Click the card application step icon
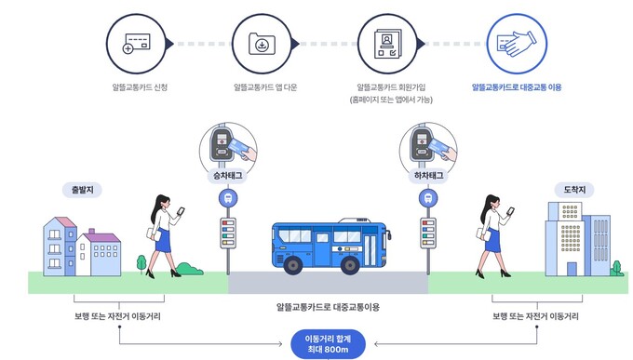[x=133, y=43]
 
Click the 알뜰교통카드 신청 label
[x=133, y=87]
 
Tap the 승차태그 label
[x=226, y=175]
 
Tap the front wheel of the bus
[x=293, y=266]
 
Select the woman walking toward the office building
[x=492, y=235]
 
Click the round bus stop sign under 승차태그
[x=226, y=198]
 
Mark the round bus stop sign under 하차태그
[x=426, y=198]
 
